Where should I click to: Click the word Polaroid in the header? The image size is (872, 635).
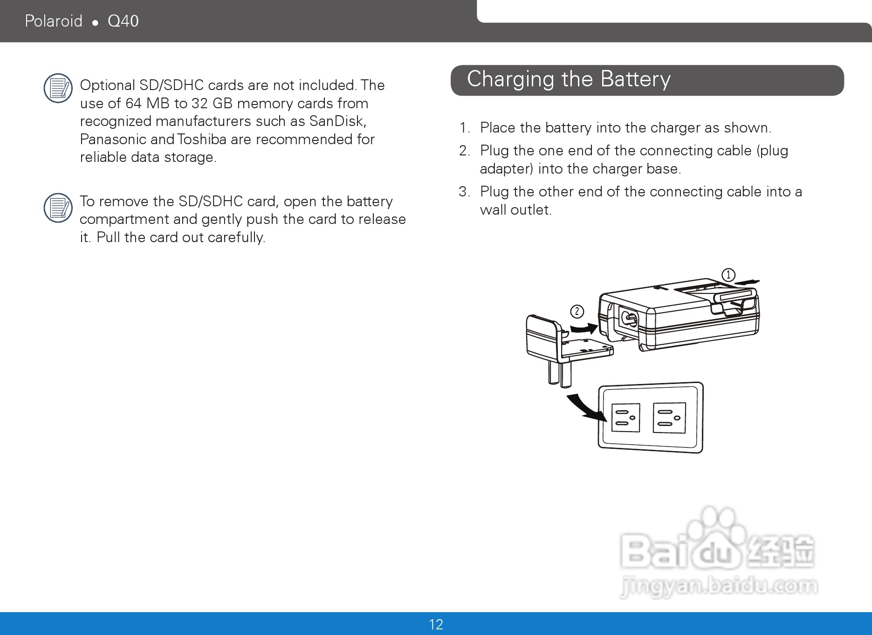[x=54, y=21]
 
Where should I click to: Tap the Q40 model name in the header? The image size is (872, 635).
[x=123, y=21]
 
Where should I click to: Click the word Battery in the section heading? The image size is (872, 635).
[x=636, y=79]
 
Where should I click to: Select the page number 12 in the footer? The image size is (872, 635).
[x=436, y=624]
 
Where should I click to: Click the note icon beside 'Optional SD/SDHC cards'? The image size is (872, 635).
[x=58, y=88]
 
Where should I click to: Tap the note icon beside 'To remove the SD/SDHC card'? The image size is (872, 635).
[x=58, y=208]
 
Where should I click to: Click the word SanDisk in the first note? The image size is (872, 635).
[x=337, y=121]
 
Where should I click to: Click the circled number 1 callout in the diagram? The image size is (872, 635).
[x=728, y=275]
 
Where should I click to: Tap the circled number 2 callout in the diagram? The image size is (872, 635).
[x=577, y=311]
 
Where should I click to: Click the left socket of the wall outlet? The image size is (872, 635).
[x=625, y=418]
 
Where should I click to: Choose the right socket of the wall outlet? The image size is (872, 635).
[x=669, y=418]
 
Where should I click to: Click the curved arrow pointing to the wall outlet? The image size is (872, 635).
[x=584, y=407]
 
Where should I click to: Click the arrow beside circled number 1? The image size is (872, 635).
[x=747, y=282]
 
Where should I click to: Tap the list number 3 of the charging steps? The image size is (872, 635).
[x=464, y=192]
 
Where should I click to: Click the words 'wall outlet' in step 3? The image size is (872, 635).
[x=515, y=210]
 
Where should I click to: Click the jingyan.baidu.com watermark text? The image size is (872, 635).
[x=719, y=586]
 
